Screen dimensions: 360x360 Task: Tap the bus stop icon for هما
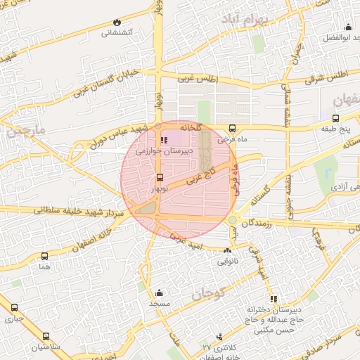tap(46, 257)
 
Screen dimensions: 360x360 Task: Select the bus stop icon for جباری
tap(14, 307)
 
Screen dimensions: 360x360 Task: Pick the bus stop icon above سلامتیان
tap(46, 336)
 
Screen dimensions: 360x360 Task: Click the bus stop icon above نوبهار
tap(160, 177)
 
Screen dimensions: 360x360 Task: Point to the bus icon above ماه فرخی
tap(232, 128)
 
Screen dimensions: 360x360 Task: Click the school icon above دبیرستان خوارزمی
tap(165, 139)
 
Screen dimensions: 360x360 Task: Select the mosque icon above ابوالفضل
tap(348, 28)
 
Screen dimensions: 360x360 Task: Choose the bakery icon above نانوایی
tap(226, 250)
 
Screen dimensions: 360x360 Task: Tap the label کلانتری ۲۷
tap(217, 348)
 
